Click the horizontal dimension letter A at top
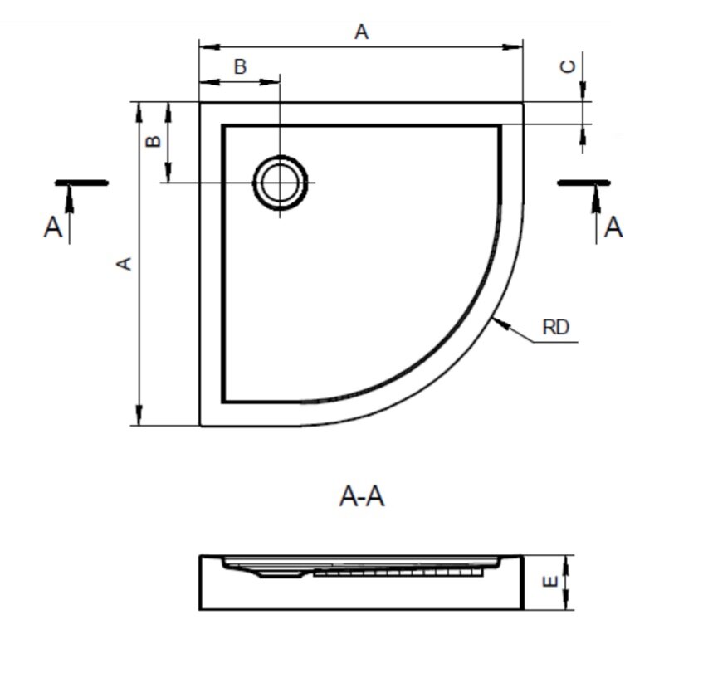pyautogui.click(x=361, y=32)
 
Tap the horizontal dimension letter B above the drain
pyautogui.click(x=240, y=67)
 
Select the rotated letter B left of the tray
pyautogui.click(x=153, y=141)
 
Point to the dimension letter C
pyautogui.click(x=569, y=67)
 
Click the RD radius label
pyautogui.click(x=555, y=327)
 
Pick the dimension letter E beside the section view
pyautogui.click(x=549, y=583)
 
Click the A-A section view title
pyautogui.click(x=362, y=496)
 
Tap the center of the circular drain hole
pyautogui.click(x=281, y=183)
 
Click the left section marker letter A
pyautogui.click(x=53, y=227)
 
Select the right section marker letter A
pyautogui.click(x=613, y=227)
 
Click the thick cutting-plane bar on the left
pyautogui.click(x=81, y=182)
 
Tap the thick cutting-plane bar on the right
pyautogui.click(x=583, y=182)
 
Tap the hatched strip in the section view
pyautogui.click(x=398, y=572)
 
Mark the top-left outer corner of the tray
pyautogui.click(x=200, y=102)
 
